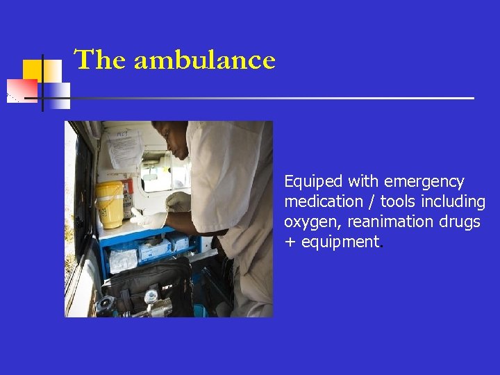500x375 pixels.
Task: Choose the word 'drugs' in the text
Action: [460, 222]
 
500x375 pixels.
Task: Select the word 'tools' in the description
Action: [393, 202]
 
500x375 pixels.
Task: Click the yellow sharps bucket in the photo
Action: [110, 203]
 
